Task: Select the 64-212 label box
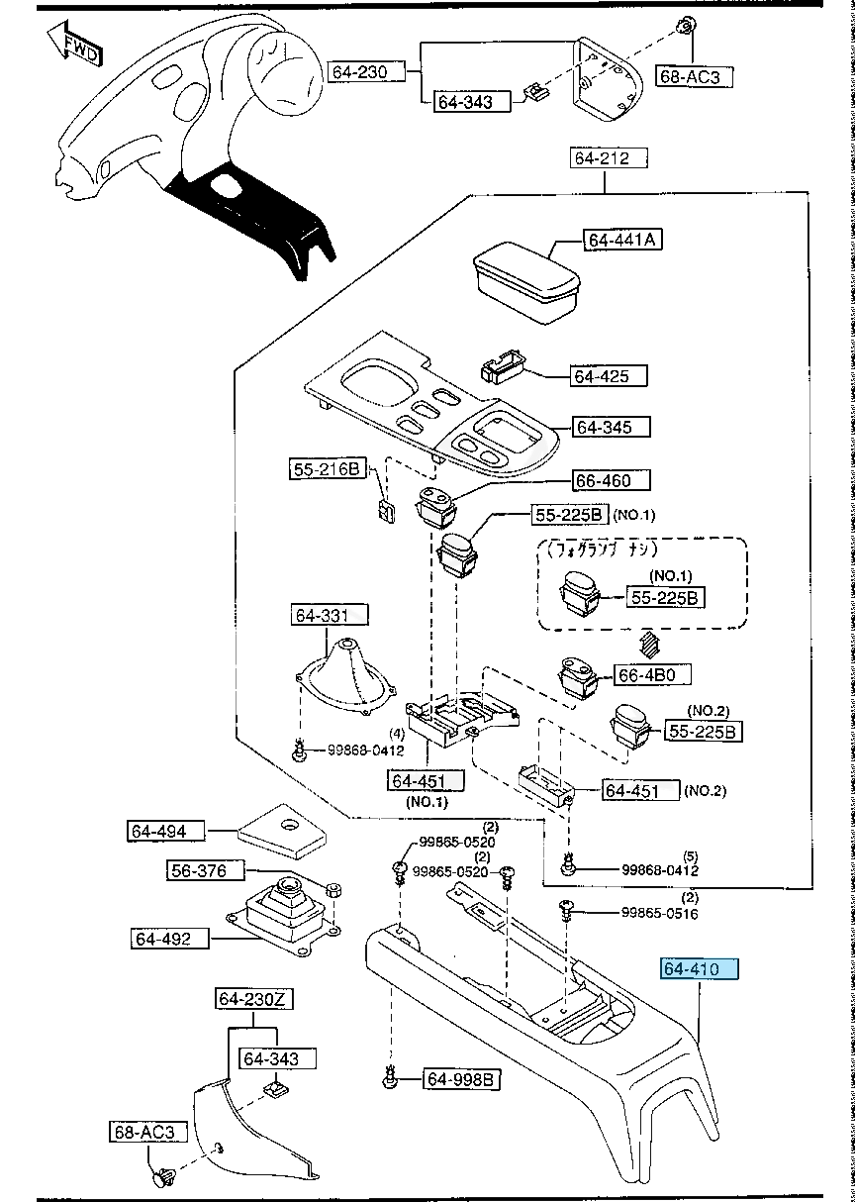click(x=609, y=157)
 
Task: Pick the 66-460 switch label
click(x=612, y=480)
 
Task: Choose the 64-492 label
click(x=171, y=938)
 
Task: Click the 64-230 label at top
click(x=367, y=71)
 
